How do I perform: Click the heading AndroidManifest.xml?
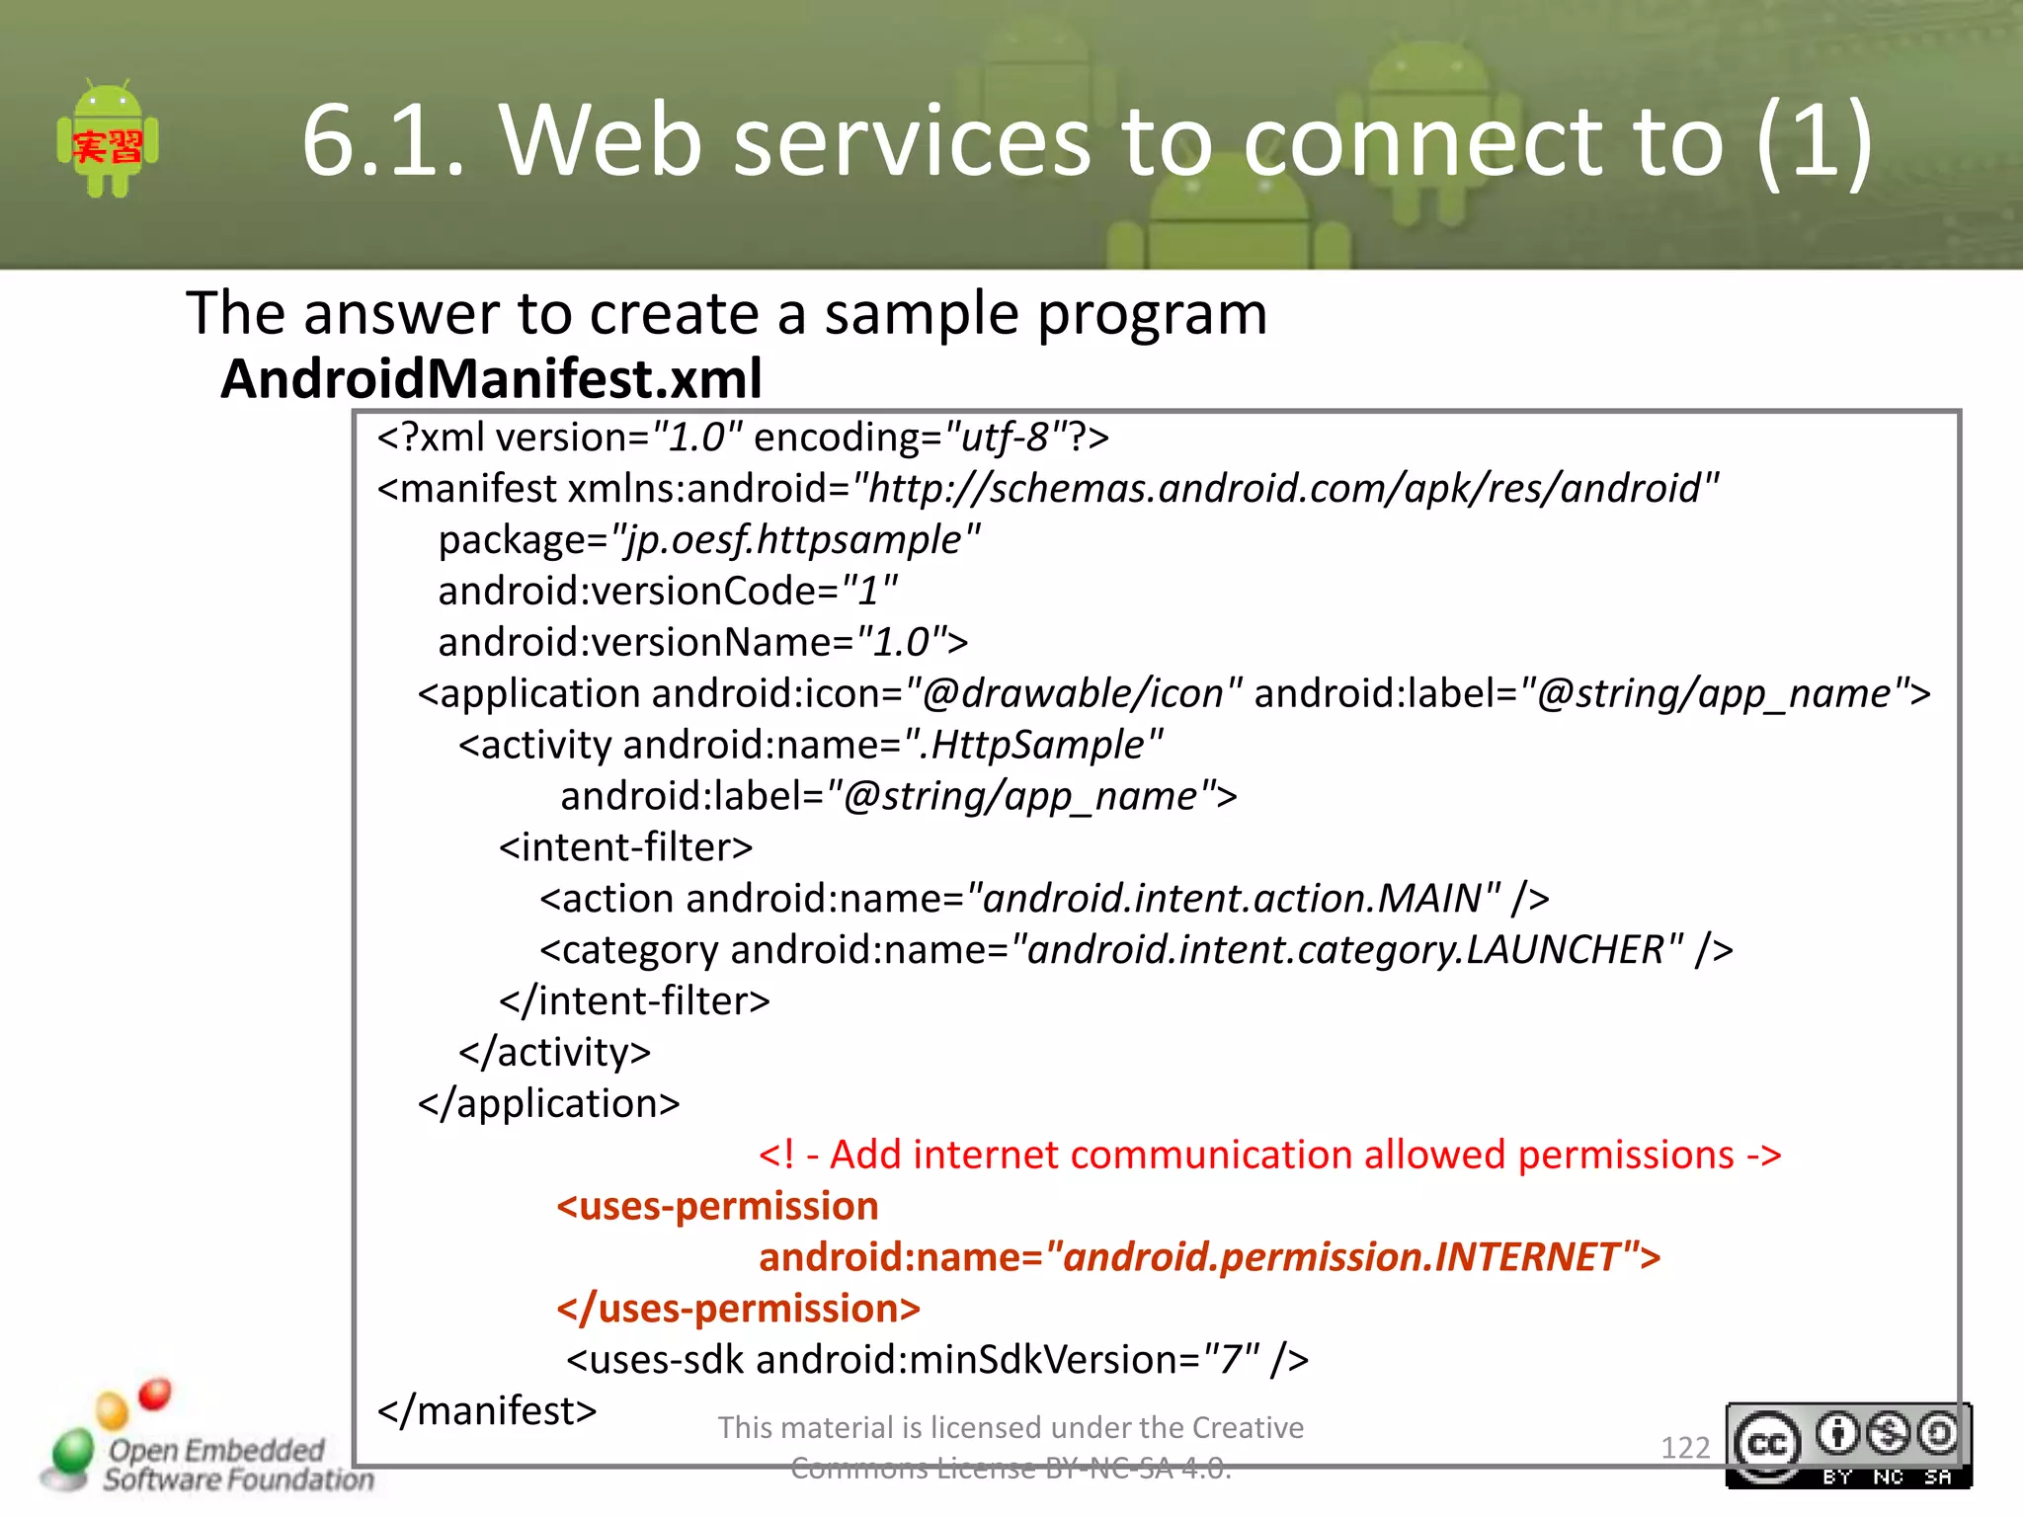(x=491, y=378)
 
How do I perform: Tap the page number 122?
(x=1684, y=1447)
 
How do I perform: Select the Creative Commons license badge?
(x=1847, y=1445)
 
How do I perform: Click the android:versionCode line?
(x=668, y=591)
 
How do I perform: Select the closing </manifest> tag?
(x=487, y=1410)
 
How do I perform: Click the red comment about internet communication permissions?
(x=1269, y=1155)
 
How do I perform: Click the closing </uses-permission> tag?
(x=738, y=1309)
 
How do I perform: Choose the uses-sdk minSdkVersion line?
(x=936, y=1360)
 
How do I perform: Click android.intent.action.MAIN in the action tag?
(x=1233, y=899)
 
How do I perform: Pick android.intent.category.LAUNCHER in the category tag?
(x=1345, y=950)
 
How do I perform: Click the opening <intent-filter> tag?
(x=625, y=847)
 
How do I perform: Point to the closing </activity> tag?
(x=554, y=1052)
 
